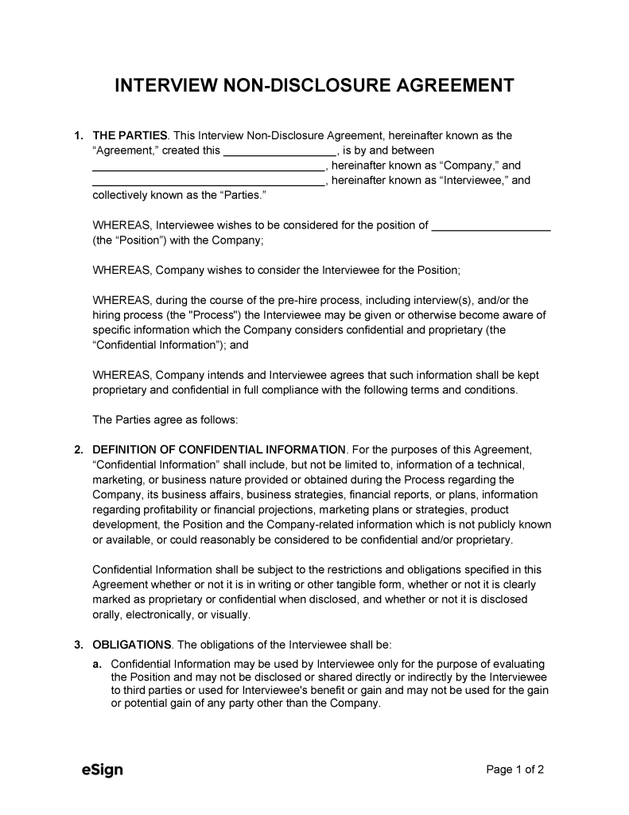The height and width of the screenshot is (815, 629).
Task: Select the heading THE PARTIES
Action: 130,136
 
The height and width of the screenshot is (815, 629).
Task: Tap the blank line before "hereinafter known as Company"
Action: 208,166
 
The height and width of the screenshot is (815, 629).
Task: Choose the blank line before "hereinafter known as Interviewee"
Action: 208,181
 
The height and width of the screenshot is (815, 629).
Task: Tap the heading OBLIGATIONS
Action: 132,644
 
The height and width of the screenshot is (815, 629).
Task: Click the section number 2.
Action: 79,450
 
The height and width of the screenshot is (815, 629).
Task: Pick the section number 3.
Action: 79,644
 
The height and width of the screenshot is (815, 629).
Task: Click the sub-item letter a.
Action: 97,663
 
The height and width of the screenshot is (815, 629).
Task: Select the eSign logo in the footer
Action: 103,770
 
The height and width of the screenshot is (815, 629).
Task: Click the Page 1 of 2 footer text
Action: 514,770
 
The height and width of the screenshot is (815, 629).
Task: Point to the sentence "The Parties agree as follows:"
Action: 165,419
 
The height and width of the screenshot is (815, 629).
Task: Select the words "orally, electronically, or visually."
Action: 172,614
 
